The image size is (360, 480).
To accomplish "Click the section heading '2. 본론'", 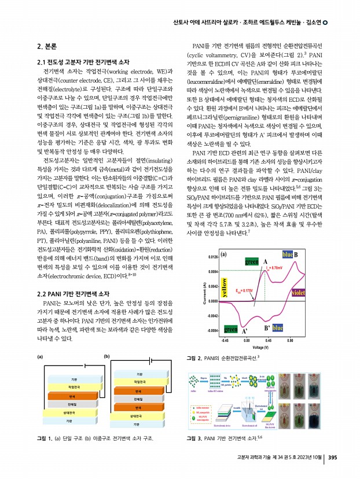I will click(46, 46).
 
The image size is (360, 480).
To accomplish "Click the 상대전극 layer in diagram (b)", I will click(137, 415).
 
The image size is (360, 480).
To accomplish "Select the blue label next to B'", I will click(277, 328).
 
